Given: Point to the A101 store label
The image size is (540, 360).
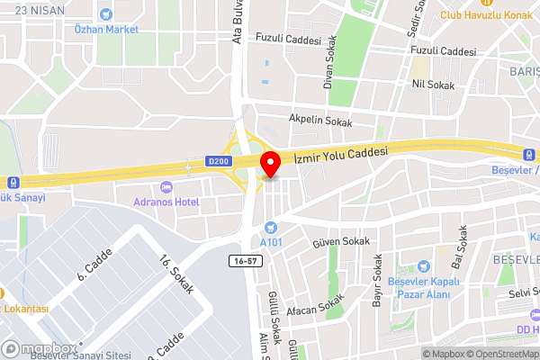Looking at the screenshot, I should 272,242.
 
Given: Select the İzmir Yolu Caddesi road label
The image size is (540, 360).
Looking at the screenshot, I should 340,154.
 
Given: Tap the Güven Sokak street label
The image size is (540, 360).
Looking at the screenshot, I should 340,242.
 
